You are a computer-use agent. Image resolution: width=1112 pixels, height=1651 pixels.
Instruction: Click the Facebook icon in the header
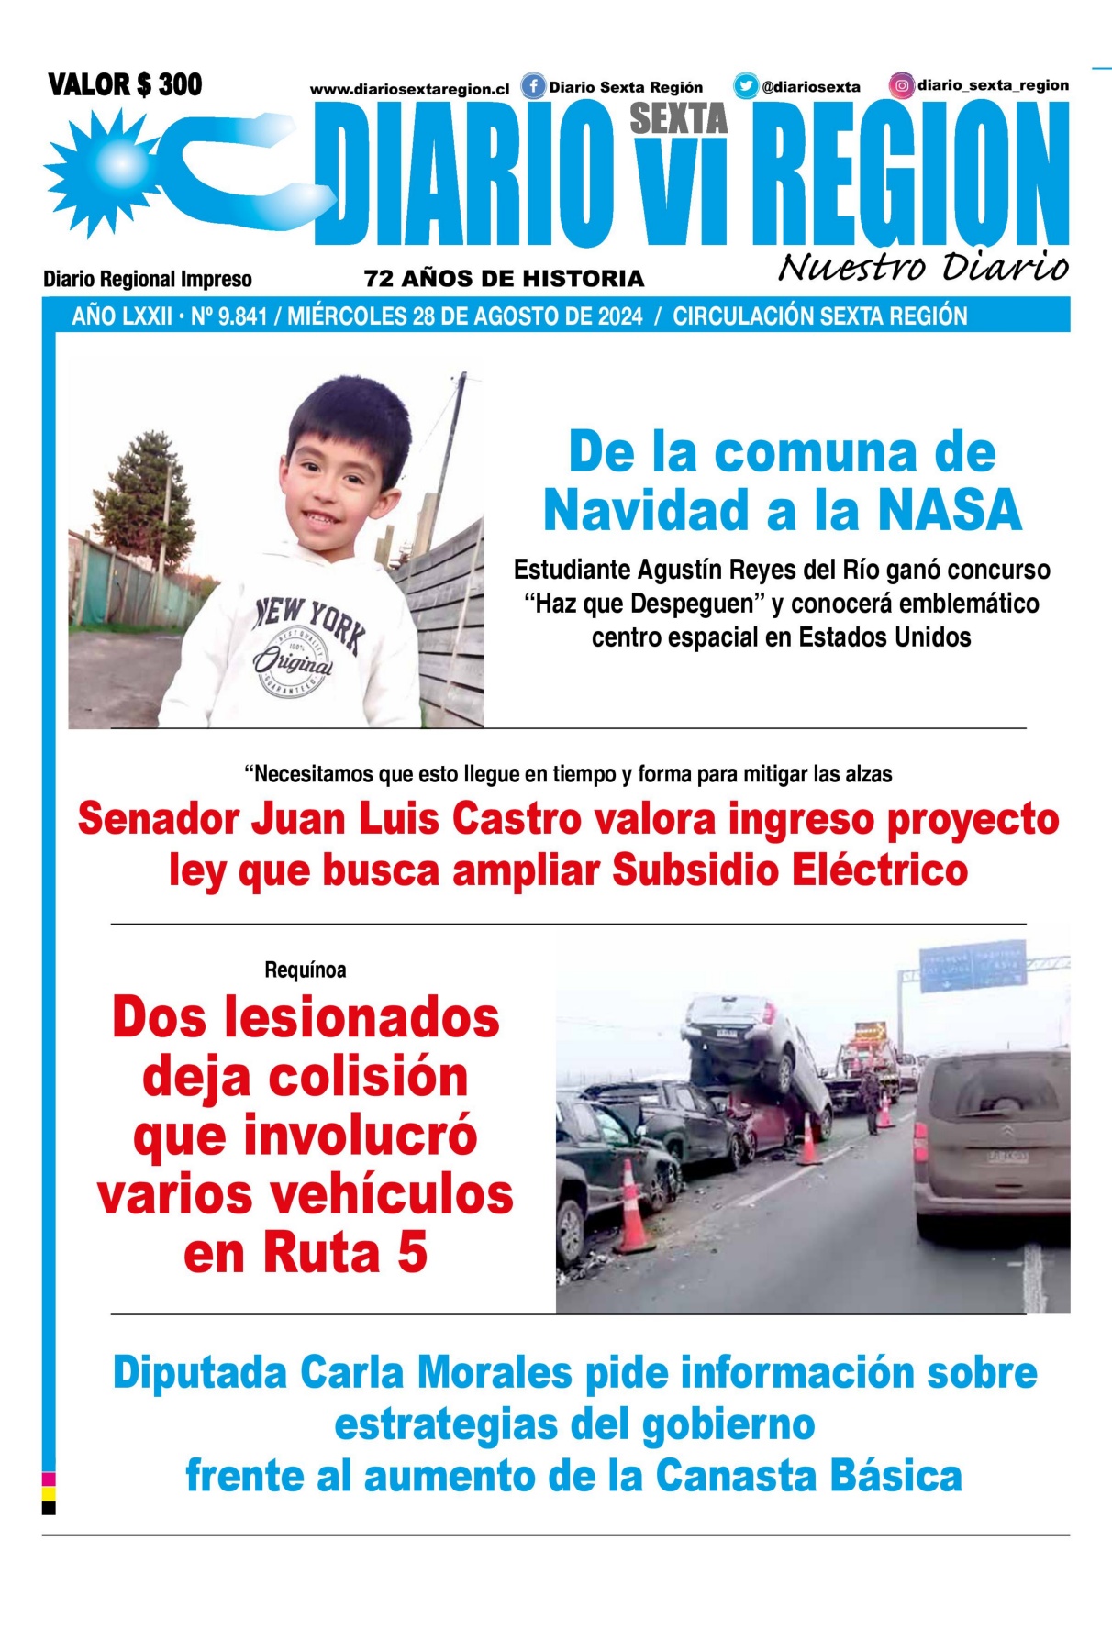tap(533, 87)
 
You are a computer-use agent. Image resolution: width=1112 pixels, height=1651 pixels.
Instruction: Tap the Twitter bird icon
tap(745, 86)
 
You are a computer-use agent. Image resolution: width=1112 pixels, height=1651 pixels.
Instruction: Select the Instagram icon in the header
tap(902, 85)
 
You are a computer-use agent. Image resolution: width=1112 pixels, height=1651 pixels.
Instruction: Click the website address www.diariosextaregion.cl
tap(409, 90)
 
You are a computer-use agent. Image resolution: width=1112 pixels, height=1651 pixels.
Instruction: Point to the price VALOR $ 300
tap(125, 85)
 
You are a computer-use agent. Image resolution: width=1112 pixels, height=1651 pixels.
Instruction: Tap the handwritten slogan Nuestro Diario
tap(923, 267)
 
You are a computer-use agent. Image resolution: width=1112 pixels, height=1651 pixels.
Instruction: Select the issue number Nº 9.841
tap(228, 316)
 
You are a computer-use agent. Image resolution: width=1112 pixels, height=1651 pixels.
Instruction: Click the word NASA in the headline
tap(950, 510)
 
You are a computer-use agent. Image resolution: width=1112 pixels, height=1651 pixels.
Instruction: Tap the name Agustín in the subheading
tap(680, 570)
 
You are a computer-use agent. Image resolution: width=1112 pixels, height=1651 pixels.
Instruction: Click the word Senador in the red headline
tap(158, 818)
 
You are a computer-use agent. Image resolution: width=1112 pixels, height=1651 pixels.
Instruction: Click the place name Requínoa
tap(305, 970)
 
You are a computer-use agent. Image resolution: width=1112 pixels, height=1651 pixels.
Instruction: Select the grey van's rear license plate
tap(1006, 1157)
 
